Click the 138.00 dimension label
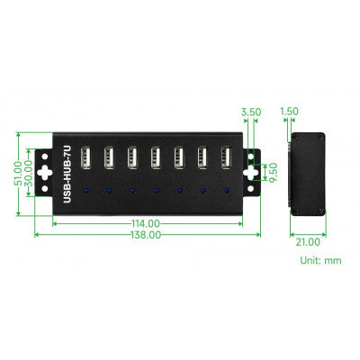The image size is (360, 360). pyautogui.click(x=145, y=234)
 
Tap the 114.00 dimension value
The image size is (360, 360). pyautogui.click(x=145, y=222)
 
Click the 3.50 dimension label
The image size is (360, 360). pyautogui.click(x=250, y=112)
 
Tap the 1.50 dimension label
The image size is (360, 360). pyautogui.click(x=290, y=112)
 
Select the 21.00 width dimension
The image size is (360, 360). pyautogui.click(x=308, y=240)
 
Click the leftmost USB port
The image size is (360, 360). pyautogui.click(x=85, y=158)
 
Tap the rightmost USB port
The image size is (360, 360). pyautogui.click(x=226, y=158)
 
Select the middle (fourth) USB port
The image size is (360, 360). pyautogui.click(x=156, y=158)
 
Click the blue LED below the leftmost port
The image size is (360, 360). pyautogui.click(x=85, y=191)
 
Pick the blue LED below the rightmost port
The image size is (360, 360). pyautogui.click(x=226, y=191)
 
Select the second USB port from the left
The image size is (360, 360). pyautogui.click(x=108, y=158)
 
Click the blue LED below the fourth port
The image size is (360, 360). pyautogui.click(x=156, y=191)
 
